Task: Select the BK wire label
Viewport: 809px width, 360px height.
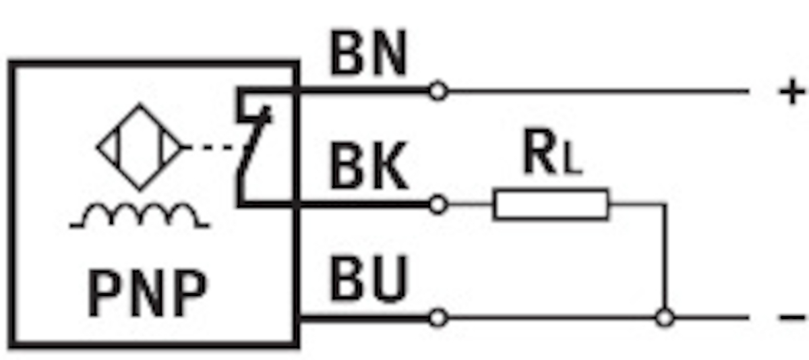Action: click(369, 168)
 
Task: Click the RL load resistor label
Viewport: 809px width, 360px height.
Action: click(551, 156)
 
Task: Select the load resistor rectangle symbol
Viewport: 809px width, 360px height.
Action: click(551, 204)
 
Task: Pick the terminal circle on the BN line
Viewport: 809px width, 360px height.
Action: click(438, 90)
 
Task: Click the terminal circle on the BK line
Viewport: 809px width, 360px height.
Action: click(438, 204)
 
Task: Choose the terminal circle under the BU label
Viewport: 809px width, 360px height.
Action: click(438, 317)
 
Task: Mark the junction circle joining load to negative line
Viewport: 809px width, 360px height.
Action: click(665, 317)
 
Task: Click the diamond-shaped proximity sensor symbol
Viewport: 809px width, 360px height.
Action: click(140, 147)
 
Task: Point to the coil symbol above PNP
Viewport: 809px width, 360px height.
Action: click(140, 217)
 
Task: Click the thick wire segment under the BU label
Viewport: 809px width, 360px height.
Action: click(364, 317)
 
